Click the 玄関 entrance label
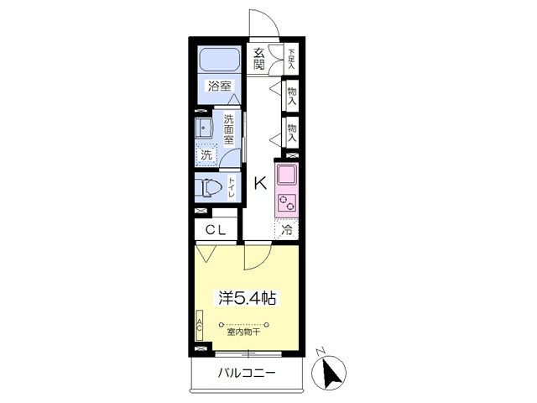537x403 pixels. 259,59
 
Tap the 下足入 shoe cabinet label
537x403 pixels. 291,59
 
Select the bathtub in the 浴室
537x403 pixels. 219,60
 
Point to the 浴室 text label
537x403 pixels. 219,86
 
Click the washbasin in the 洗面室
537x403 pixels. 204,128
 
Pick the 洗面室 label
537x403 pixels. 228,129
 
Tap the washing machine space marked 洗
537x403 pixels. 206,154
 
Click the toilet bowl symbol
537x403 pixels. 211,188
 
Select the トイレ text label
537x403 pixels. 232,188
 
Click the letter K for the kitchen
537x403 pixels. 260,183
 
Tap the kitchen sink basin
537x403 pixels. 287,175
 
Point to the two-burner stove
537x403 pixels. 287,203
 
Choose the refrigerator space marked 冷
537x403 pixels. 287,229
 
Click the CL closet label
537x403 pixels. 216,230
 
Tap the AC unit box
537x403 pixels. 200,326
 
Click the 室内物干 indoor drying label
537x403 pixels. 243,332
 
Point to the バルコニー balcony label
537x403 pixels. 247,373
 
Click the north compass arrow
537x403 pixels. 331,374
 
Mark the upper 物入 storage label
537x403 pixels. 292,97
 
